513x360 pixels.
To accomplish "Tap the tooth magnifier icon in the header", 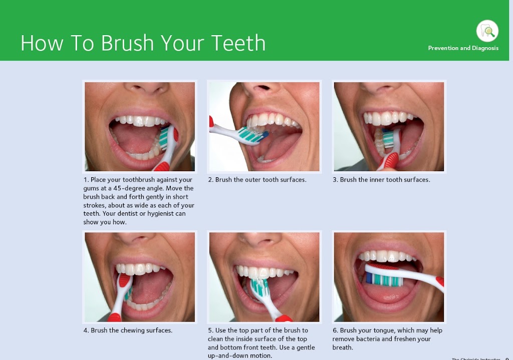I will point(487,31).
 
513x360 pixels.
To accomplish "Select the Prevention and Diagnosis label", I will point(463,48).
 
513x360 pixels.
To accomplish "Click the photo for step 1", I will point(140,126).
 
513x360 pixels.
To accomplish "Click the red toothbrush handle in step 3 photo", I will point(390,161).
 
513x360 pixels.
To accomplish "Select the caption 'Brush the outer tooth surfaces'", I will point(261,179).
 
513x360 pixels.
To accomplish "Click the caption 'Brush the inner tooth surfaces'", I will point(385,179).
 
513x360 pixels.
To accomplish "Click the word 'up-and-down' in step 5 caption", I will point(228,356).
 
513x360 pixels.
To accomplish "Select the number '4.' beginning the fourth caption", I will point(87,330).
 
